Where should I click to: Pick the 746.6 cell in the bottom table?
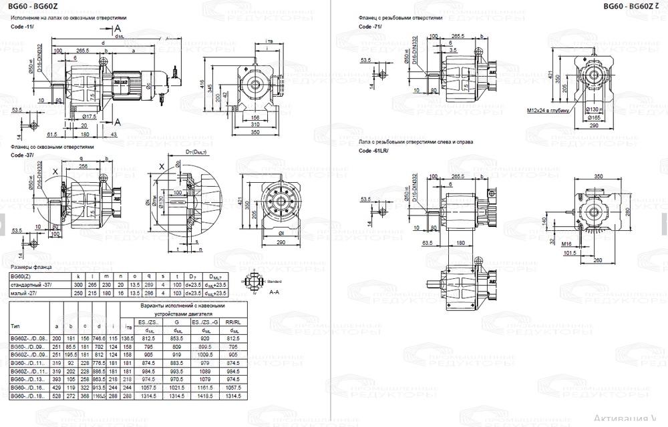[99, 339]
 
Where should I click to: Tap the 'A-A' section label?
[274, 292]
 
